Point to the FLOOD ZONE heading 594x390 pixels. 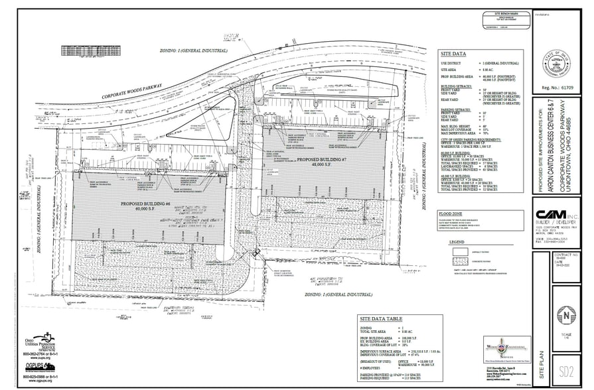click(452, 214)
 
